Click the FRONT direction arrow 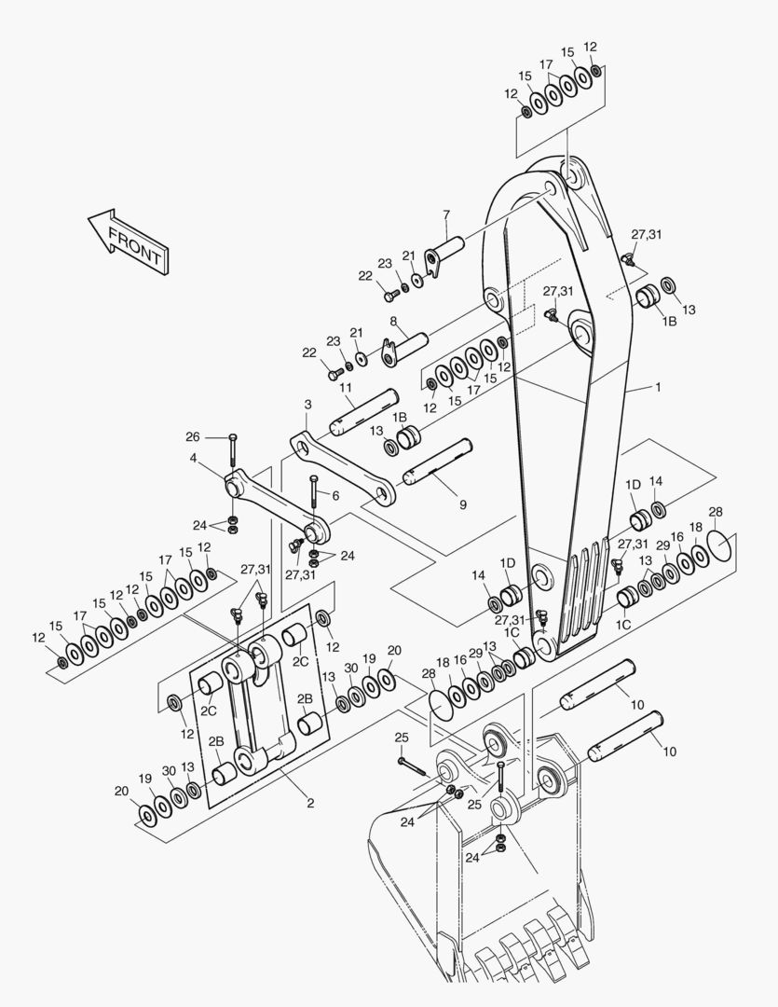129,241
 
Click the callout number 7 446,214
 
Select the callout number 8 393,321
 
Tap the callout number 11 346,387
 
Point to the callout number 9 463,504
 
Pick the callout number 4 193,458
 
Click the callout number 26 193,436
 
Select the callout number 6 335,495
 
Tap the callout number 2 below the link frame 310,803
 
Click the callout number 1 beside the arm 657,387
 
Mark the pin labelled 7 444,255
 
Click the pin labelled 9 438,462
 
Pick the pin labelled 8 404,349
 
